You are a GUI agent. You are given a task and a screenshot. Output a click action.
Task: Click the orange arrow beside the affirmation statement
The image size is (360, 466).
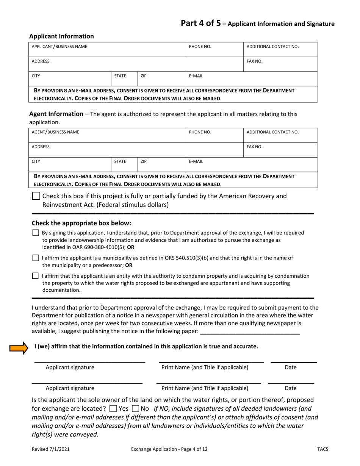click(x=19, y=347)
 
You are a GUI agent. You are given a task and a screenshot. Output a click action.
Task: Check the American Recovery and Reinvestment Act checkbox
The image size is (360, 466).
click(x=36, y=196)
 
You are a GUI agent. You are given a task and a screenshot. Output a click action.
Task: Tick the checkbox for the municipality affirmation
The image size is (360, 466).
click(x=36, y=258)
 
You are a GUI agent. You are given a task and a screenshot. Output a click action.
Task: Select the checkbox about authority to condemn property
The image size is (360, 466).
click(x=36, y=276)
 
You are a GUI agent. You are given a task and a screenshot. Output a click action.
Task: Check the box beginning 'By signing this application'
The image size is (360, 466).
click(x=36, y=233)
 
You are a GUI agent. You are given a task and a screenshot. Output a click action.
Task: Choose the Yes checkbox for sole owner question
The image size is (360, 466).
click(x=113, y=409)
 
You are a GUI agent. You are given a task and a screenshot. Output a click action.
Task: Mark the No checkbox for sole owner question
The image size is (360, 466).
click(x=135, y=409)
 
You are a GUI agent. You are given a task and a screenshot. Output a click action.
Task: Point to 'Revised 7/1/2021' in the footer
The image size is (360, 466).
click(x=50, y=449)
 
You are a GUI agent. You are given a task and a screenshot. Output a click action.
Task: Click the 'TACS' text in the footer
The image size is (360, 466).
click(x=322, y=449)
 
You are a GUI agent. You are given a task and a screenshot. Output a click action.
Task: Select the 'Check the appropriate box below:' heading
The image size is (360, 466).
click(x=81, y=223)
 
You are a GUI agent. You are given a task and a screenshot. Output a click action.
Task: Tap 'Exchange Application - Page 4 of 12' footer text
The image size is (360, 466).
click(x=169, y=449)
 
